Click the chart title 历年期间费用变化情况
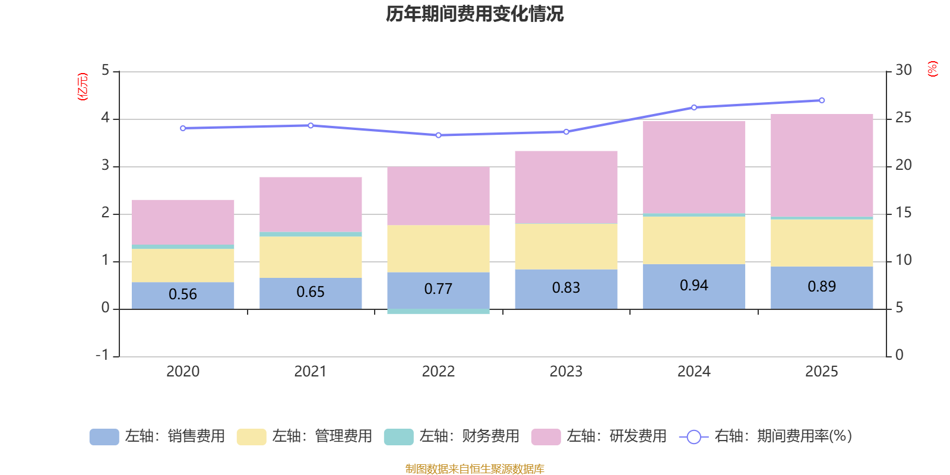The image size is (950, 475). pyautogui.click(x=474, y=14)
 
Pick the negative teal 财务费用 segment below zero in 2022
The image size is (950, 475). pyautogui.click(x=438, y=311)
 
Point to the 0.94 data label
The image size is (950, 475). pyautogui.click(x=693, y=286)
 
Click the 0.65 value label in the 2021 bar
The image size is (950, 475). pyautogui.click(x=311, y=292)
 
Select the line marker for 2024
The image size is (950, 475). pyautogui.click(x=694, y=107)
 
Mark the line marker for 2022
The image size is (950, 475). pyautogui.click(x=438, y=135)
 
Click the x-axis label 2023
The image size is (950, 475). pyautogui.click(x=566, y=372)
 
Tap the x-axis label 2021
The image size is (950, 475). pyautogui.click(x=311, y=372)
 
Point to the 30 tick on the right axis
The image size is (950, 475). pyautogui.click(x=903, y=71)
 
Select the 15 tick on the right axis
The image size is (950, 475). pyautogui.click(x=903, y=213)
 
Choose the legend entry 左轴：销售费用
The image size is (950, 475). pyautogui.click(x=157, y=436)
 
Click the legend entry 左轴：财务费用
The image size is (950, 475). pyautogui.click(x=452, y=436)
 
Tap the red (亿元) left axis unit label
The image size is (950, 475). pyautogui.click(x=83, y=87)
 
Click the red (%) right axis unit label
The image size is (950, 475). pyautogui.click(x=933, y=69)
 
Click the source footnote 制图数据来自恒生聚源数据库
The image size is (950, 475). pyautogui.click(x=474, y=469)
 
